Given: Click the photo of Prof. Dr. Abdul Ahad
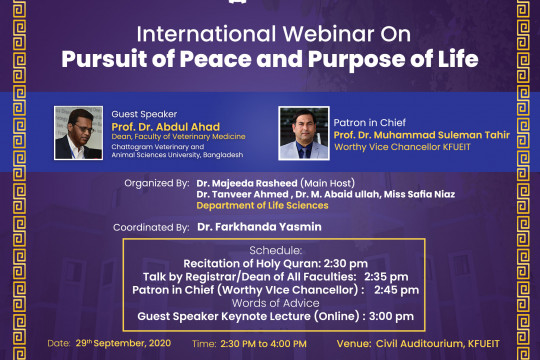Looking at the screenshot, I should point(79,132).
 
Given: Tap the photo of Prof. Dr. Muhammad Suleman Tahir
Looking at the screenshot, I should point(304,132).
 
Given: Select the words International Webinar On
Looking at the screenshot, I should point(269,31).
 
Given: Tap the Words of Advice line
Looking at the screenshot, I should point(268,303).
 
